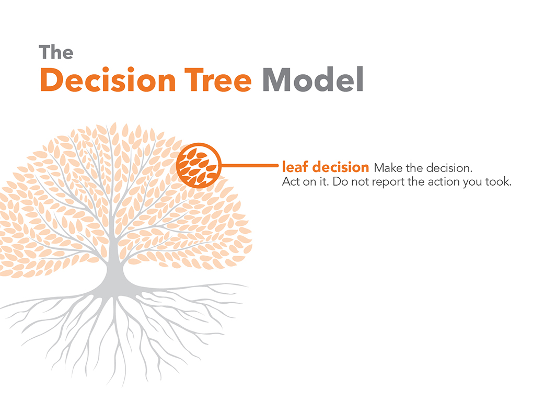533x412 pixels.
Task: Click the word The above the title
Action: tap(56, 52)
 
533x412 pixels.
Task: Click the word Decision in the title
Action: tap(108, 80)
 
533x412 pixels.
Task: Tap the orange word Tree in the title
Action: tap(218, 80)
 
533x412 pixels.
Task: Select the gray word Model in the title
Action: tap(313, 79)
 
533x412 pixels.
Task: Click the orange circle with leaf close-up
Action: tap(199, 165)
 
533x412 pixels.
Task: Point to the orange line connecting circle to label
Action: tap(250, 166)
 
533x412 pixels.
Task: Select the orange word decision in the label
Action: tap(341, 167)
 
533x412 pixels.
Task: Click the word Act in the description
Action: tap(291, 181)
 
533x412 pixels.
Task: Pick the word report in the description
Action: tap(389, 182)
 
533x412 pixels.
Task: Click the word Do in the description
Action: tap(340, 181)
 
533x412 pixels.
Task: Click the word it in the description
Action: tap(323, 181)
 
